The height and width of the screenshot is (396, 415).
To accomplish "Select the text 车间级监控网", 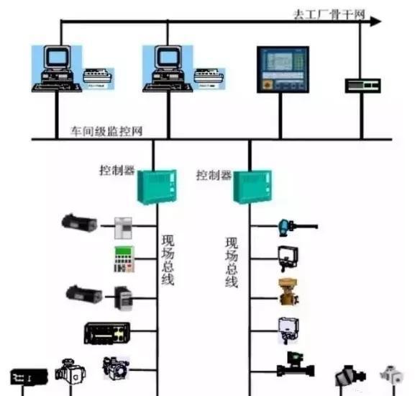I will point(106,131).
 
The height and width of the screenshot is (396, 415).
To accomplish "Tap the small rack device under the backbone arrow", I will point(362,85).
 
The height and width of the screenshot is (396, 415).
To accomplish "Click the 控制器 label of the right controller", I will point(214,175).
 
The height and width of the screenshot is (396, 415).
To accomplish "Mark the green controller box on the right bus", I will point(252,187).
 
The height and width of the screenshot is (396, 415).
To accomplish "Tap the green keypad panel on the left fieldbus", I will point(124,259).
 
